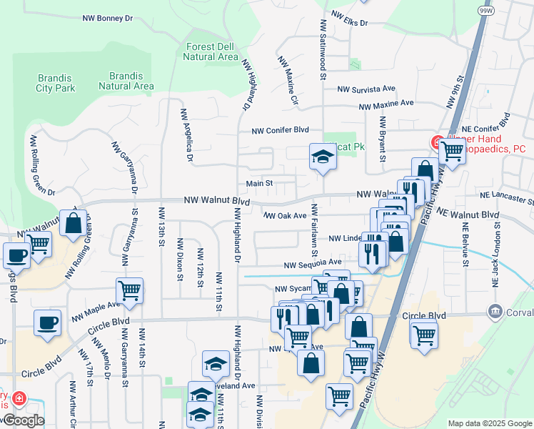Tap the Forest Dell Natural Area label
tap(211, 51)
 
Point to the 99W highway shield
tap(485, 10)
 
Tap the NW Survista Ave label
tap(366, 89)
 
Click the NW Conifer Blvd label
tap(280, 130)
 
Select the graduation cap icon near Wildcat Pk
tap(323, 156)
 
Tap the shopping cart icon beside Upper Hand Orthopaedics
tap(452, 150)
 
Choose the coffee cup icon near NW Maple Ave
tap(48, 322)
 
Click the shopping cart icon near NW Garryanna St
tap(129, 290)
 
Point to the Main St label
tap(260, 183)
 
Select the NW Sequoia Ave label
tap(313, 263)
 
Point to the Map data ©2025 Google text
tap(489, 423)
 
